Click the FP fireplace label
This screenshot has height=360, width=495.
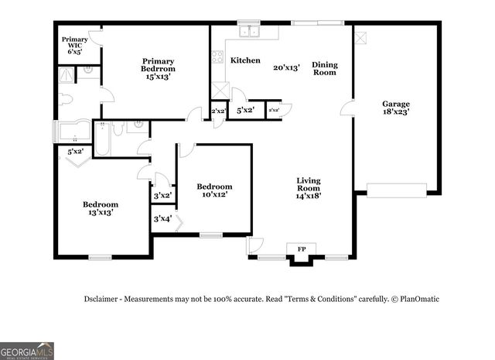click(302, 249)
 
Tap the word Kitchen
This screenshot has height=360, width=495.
click(245, 60)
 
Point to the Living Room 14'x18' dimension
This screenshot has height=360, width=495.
click(308, 196)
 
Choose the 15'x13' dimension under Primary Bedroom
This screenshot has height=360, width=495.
click(157, 77)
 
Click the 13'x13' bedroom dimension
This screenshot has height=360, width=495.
click(101, 211)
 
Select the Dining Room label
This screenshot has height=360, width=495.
click(325, 68)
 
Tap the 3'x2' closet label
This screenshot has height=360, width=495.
click(162, 196)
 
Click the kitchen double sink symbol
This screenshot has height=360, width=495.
click(249, 32)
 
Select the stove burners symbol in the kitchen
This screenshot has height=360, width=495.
click(217, 57)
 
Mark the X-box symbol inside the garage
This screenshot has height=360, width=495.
click(360, 36)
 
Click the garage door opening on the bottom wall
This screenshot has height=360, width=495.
click(396, 190)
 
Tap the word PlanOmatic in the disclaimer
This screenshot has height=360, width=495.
click(418, 299)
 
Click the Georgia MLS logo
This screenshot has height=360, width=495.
click(27, 351)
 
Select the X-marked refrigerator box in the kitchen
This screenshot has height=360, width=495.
click(220, 88)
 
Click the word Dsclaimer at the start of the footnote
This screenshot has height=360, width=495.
click(102, 299)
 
